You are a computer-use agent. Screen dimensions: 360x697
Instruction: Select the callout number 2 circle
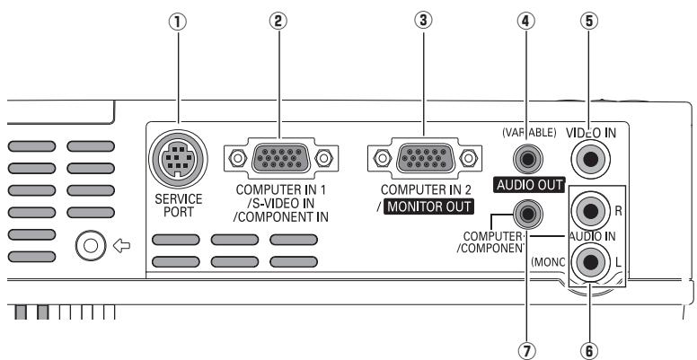278,23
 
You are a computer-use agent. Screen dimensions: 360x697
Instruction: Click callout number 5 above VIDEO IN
592,23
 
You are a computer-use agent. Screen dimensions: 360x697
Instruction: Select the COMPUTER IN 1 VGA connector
278,159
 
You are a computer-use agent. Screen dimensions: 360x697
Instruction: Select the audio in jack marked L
592,261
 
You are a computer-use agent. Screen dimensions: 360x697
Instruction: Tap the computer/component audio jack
525,214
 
